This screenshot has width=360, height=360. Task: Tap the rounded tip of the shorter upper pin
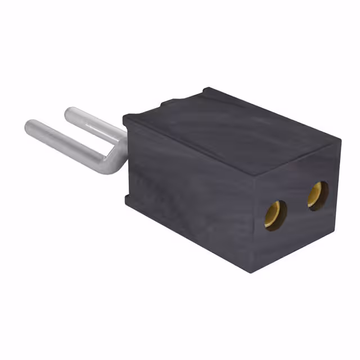[70, 114]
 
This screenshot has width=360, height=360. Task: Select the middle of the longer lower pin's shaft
[67, 144]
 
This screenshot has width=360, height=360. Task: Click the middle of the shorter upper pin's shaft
[96, 125]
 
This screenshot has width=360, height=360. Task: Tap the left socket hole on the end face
[275, 214]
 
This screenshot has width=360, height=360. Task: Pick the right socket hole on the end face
[317, 195]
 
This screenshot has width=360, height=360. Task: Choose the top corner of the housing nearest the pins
[127, 118]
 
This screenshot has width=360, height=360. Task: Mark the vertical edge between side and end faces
[253, 225]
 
